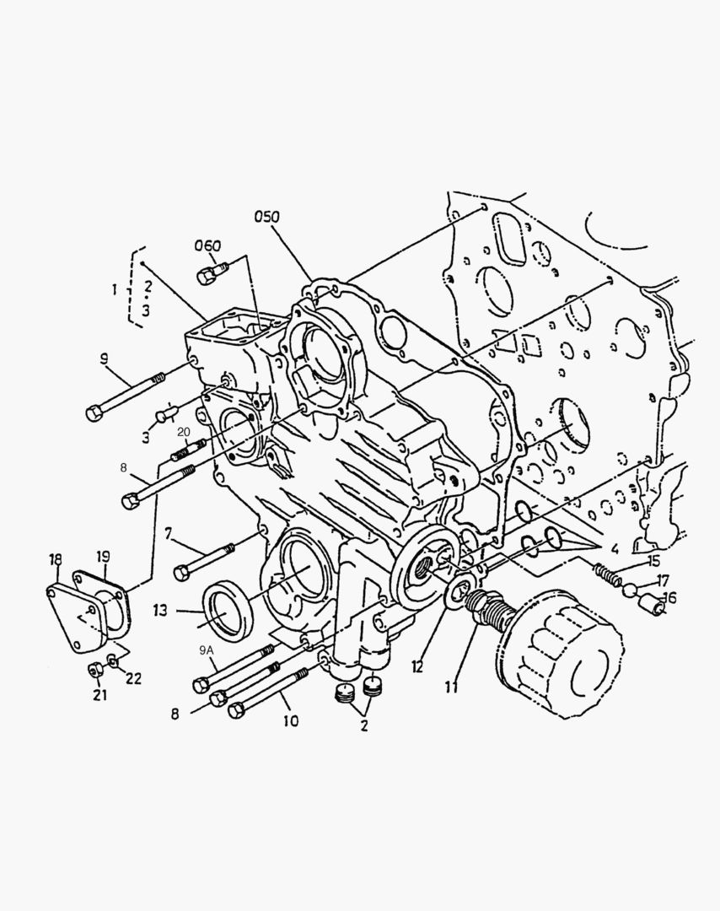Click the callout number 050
point(266,217)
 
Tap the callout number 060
point(207,246)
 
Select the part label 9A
point(207,651)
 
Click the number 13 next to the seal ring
point(160,610)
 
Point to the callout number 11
point(451,687)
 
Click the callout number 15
point(653,561)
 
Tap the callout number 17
point(663,580)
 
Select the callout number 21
point(99,694)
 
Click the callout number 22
point(133,678)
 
